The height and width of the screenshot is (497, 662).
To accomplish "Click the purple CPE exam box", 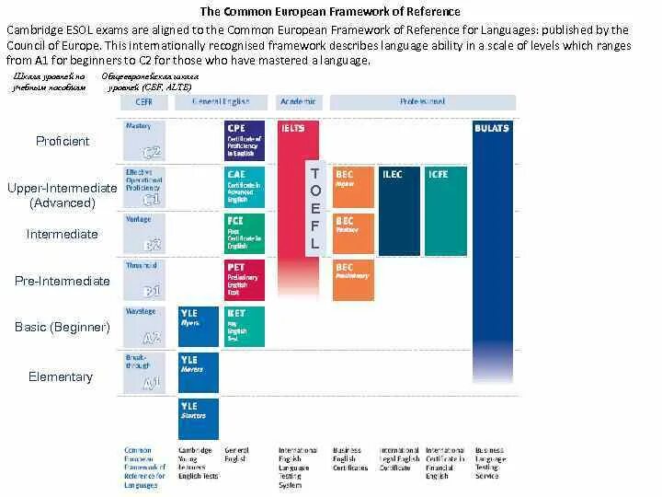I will pyautogui.click(x=245, y=141).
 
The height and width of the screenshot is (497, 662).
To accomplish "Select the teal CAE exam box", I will pyautogui.click(x=245, y=187).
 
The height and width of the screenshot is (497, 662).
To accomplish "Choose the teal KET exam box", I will pyautogui.click(x=245, y=326).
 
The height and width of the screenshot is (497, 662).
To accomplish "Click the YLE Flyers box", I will pyautogui.click(x=198, y=326).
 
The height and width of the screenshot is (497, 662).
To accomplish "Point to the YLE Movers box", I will pyautogui.click(x=198, y=372).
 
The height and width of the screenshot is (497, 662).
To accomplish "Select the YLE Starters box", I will pyautogui.click(x=198, y=418).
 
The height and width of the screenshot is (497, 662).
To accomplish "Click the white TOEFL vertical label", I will pyautogui.click(x=315, y=209).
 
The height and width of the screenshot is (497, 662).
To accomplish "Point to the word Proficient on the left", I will pyautogui.click(x=63, y=141).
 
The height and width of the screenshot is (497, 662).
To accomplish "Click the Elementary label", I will pyautogui.click(x=61, y=376).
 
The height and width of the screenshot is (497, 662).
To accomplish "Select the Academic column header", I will pyautogui.click(x=298, y=102).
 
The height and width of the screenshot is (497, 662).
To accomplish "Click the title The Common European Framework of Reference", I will pyautogui.click(x=331, y=12).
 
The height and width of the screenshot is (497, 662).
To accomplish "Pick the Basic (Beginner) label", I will pyautogui.click(x=62, y=327).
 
